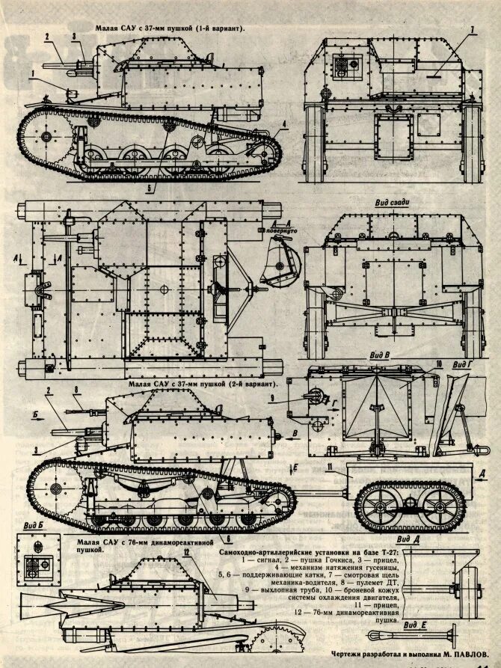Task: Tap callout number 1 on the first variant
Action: [33, 73]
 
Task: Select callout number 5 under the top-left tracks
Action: [149, 187]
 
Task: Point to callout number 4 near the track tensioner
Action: [284, 124]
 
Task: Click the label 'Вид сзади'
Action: [393, 203]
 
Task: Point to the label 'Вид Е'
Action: [414, 623]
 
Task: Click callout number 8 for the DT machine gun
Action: [76, 389]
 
